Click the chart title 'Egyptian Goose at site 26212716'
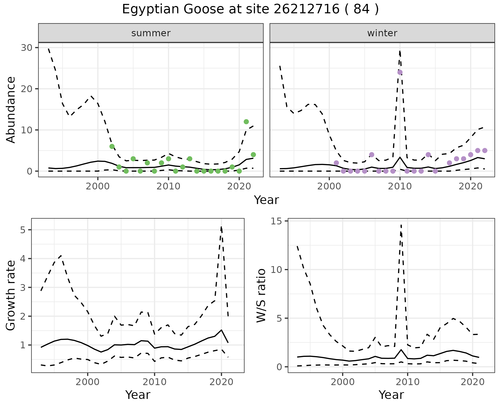pos(250,9)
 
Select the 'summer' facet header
pos(151,33)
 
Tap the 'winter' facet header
pos(382,33)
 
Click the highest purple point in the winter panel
pos(400,72)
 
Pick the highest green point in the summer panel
pos(246,122)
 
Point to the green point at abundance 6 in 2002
pos(112,146)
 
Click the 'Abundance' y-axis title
pos(11,110)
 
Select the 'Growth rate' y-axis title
pos(11,295)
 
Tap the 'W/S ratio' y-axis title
pos(261,295)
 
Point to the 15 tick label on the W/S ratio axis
pos(277,221)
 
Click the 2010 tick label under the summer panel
pos(168,187)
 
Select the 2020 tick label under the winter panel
pos(470,187)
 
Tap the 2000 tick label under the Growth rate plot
pos(87,382)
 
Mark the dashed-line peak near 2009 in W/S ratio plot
pos(401,224)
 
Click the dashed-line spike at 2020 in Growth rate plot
pos(221,227)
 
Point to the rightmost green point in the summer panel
pos(253,155)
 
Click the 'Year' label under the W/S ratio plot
pos(391,395)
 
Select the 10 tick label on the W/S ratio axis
pos(277,270)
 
